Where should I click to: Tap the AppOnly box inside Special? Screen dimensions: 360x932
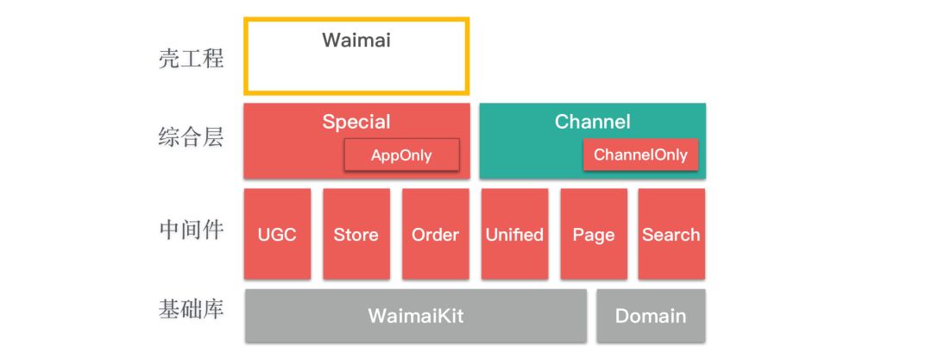401,155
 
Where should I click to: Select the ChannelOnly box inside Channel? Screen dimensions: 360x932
640,155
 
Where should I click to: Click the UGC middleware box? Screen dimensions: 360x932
277,234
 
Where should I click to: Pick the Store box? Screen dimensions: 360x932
356,234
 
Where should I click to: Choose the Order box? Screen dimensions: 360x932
435,234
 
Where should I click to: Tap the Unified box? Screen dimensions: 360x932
514,234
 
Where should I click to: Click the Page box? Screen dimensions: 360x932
594,234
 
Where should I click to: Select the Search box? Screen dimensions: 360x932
671,234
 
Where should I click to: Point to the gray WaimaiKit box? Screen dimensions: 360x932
415,316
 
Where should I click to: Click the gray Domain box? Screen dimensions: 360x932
651,316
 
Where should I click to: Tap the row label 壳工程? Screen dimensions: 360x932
192,59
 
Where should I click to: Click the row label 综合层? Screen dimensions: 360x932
192,136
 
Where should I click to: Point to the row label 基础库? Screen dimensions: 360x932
192,308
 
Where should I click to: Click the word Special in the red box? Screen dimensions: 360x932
356,122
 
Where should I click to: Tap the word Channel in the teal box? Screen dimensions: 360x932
593,122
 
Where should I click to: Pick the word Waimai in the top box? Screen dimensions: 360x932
356,40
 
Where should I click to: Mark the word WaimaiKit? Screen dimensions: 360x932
415,316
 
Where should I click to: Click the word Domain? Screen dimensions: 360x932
651,316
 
